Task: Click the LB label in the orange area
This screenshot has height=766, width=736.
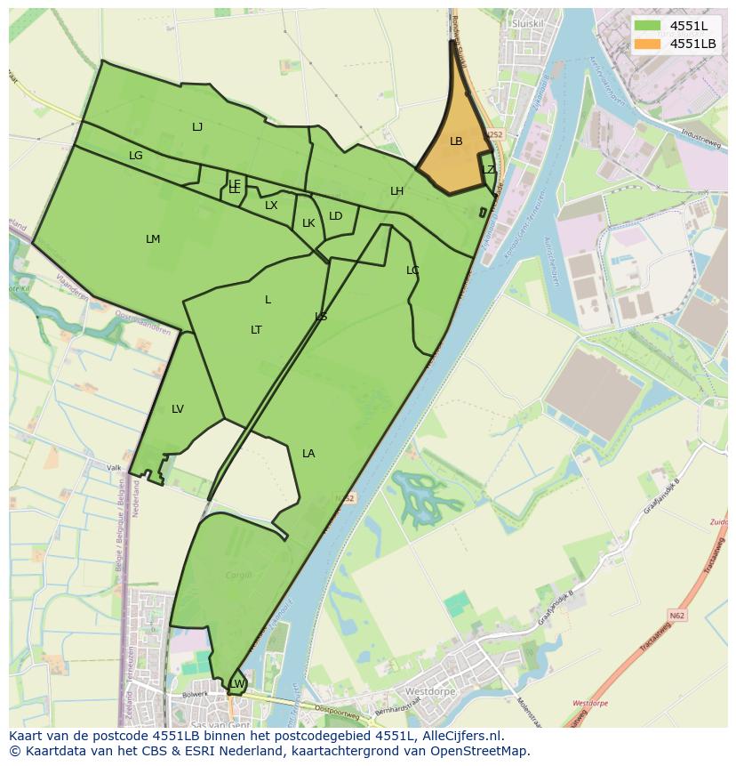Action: (x=456, y=141)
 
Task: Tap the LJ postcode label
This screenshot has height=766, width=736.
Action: (x=197, y=127)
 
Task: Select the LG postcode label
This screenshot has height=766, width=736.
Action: (x=135, y=156)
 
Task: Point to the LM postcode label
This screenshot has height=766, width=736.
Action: (x=153, y=239)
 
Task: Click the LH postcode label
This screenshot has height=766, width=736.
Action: (x=396, y=191)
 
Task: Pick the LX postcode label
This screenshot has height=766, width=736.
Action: (x=271, y=206)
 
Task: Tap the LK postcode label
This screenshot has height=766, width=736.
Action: (x=308, y=223)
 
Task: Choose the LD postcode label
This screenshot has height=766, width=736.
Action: (x=335, y=216)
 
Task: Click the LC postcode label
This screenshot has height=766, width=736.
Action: (x=412, y=270)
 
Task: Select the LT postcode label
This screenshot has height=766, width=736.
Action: (x=256, y=330)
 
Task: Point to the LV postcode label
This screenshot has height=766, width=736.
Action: (x=178, y=409)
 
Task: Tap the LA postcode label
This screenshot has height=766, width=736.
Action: (x=308, y=454)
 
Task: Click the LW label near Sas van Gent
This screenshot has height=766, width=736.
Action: (x=237, y=683)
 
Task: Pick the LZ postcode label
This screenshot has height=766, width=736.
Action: (x=488, y=170)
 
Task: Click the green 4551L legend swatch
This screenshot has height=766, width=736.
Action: (x=648, y=25)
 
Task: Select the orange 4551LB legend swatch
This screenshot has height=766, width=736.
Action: (x=648, y=43)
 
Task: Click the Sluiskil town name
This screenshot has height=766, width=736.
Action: (x=527, y=23)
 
